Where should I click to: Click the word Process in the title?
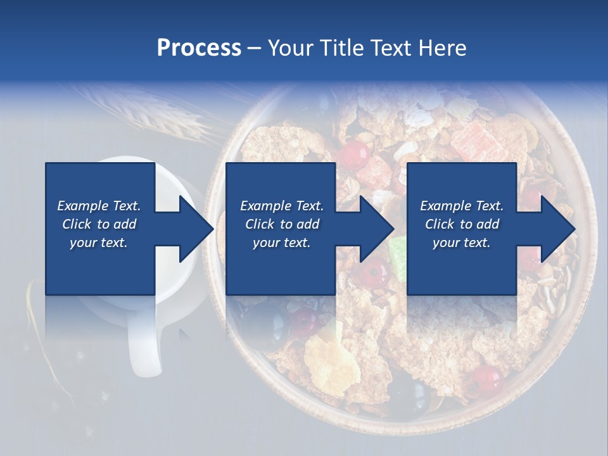click(x=199, y=48)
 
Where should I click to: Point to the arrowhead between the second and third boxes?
click(x=376, y=229)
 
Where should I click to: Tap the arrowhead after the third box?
click(x=557, y=229)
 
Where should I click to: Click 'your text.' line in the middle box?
click(x=281, y=243)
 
